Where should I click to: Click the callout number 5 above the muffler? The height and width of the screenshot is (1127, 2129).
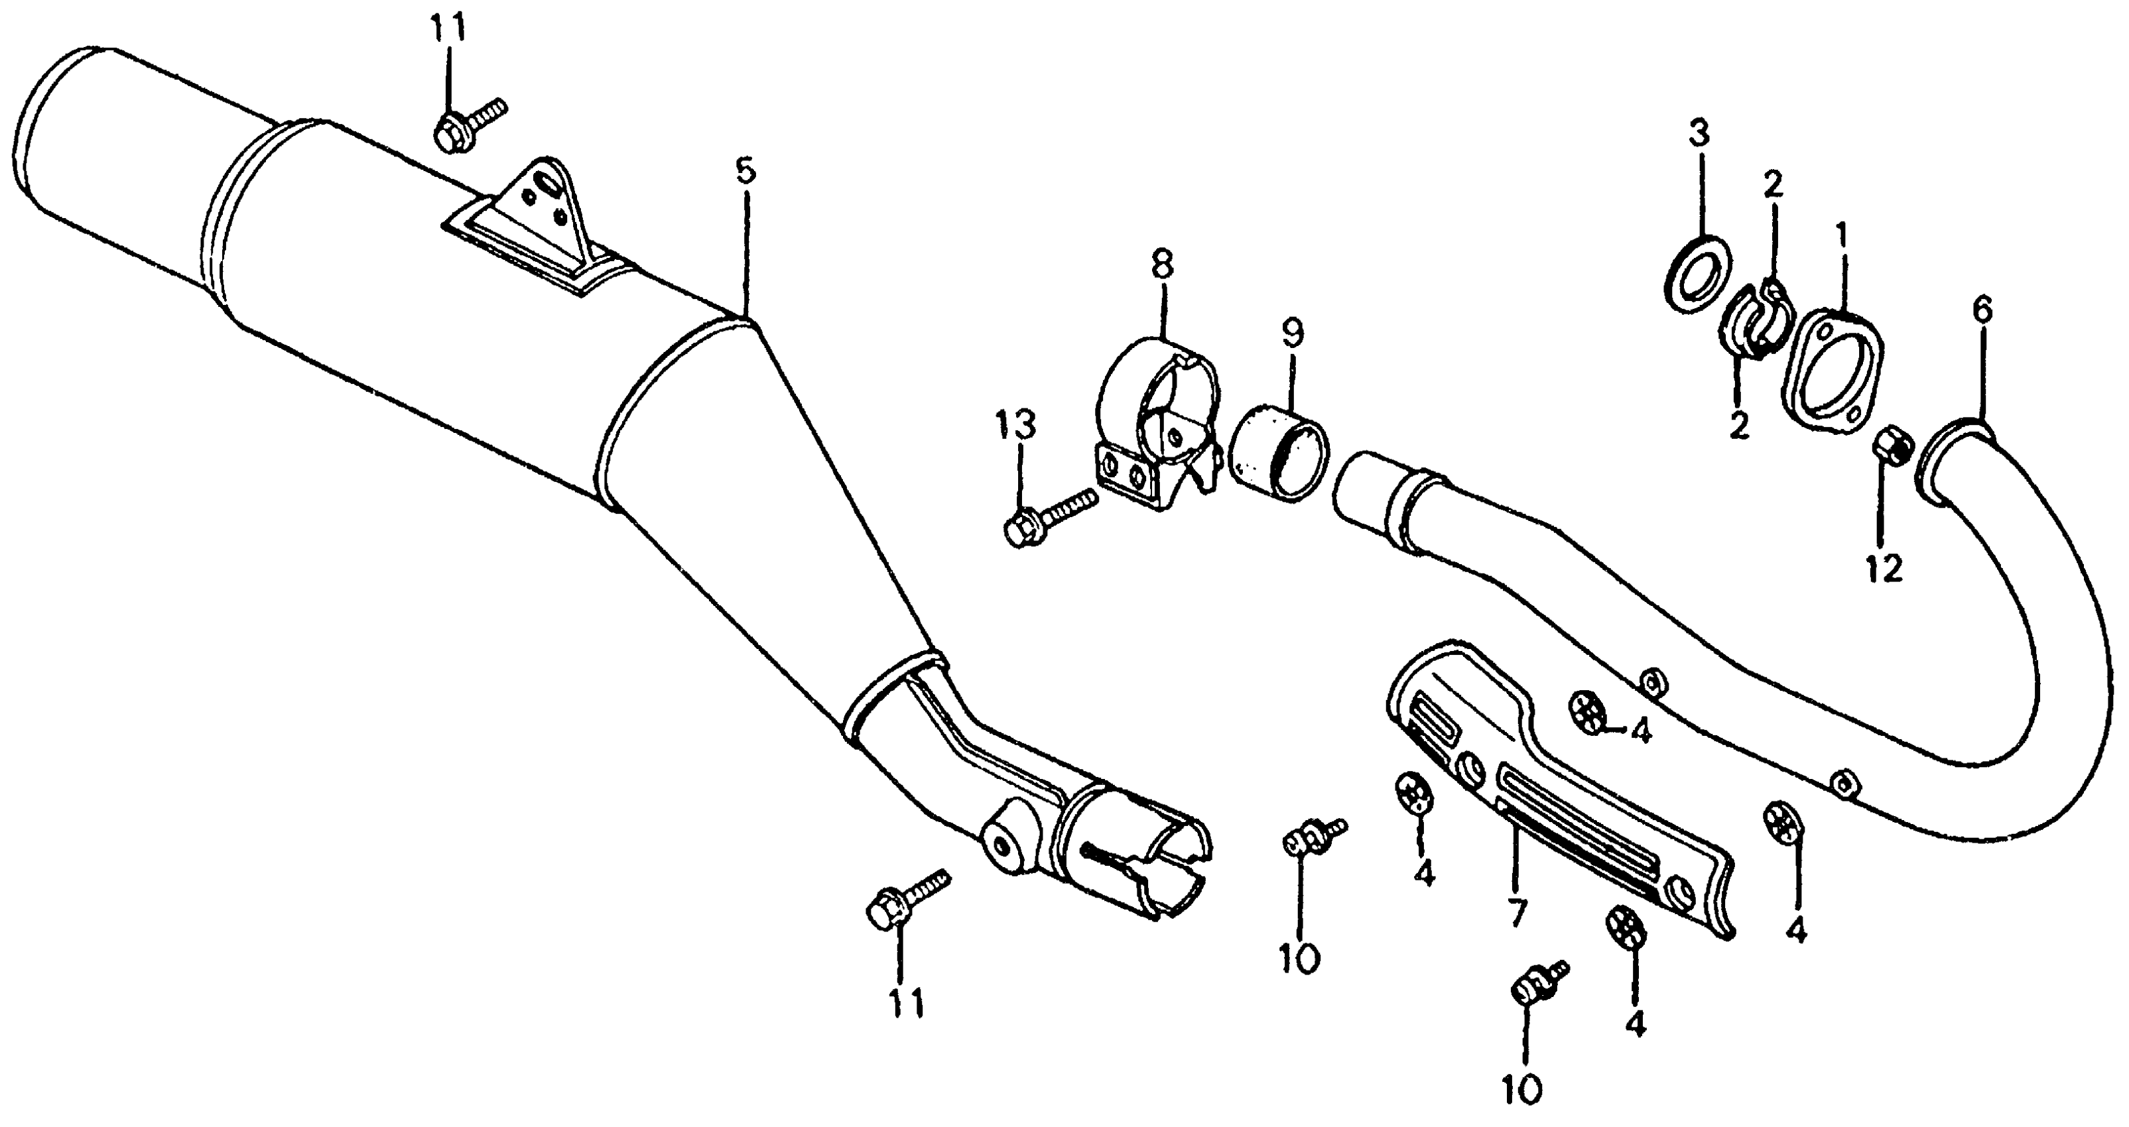pos(745,172)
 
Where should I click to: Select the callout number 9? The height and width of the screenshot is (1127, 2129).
pos(1292,334)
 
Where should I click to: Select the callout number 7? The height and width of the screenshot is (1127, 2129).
pos(1517,912)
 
